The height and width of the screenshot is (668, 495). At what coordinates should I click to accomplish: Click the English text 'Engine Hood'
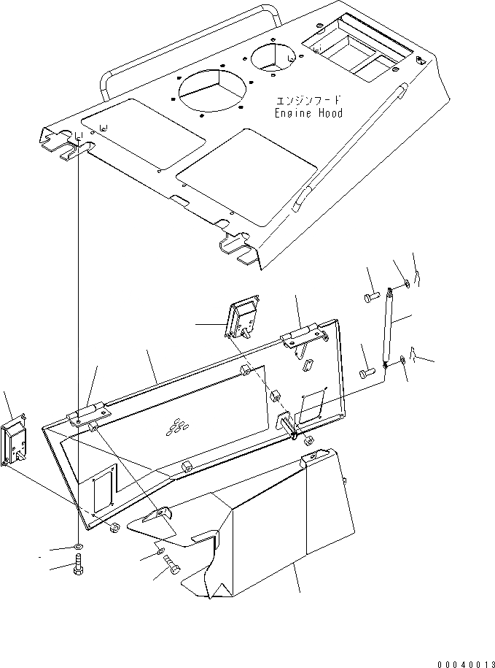(x=308, y=114)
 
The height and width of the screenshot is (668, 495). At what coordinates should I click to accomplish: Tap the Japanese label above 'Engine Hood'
(x=309, y=100)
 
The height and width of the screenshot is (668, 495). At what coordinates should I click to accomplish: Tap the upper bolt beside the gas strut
(x=369, y=297)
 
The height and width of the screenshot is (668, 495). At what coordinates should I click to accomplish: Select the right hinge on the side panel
(x=302, y=335)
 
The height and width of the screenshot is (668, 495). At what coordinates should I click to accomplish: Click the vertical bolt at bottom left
(x=78, y=567)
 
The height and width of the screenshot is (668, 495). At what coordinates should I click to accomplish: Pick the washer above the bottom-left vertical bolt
(x=78, y=547)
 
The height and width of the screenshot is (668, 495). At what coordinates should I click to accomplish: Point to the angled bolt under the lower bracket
(x=172, y=565)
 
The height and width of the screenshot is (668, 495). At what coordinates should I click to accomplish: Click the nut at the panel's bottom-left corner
(x=114, y=527)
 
